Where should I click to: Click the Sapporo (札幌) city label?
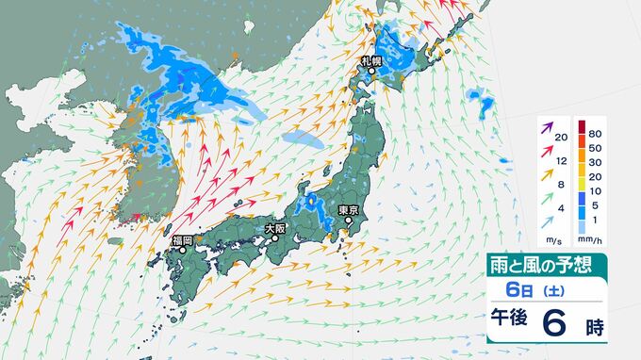pos(370,61)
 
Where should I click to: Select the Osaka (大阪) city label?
pos(274,227)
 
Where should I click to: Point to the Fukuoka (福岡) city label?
pos(182,241)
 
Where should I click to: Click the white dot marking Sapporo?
pos(371,71)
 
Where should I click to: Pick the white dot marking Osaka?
pos(275,237)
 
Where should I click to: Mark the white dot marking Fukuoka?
pos(182,252)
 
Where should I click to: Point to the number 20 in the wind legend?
pos(561,139)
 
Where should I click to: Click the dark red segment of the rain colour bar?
pos(583,127)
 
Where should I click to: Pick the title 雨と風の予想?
pos(546,265)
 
